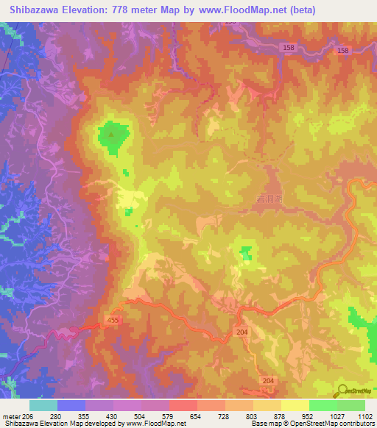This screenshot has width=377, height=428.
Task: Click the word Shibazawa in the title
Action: [36, 10]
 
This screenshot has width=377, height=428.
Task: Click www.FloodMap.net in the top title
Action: [240, 10]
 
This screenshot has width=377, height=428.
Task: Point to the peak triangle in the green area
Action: [112, 135]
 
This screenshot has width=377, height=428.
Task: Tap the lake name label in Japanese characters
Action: [269, 199]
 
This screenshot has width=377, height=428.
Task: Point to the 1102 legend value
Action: [363, 416]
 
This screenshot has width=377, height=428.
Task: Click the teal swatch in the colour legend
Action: [43, 405]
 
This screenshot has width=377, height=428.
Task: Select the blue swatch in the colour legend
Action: [71, 405]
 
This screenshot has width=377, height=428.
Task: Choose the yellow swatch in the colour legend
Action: [295, 405]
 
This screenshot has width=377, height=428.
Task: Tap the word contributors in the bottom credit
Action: [355, 424]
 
